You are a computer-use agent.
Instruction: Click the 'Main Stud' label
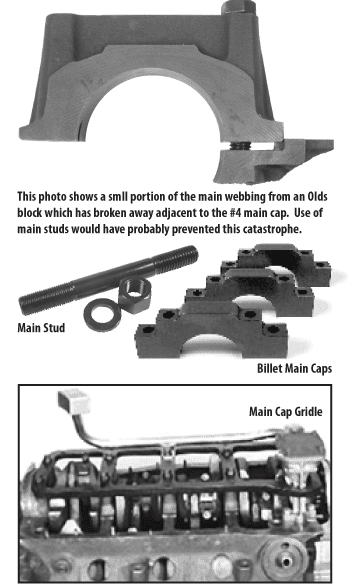(41, 328)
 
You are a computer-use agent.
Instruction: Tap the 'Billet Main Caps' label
(294, 368)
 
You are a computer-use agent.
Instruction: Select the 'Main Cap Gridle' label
(286, 412)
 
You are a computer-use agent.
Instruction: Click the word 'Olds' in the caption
(318, 197)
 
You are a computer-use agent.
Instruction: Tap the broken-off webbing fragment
(273, 160)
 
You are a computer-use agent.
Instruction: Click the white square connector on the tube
(74, 401)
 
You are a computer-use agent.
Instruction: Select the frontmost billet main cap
(211, 330)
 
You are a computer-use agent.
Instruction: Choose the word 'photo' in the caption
(53, 197)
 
